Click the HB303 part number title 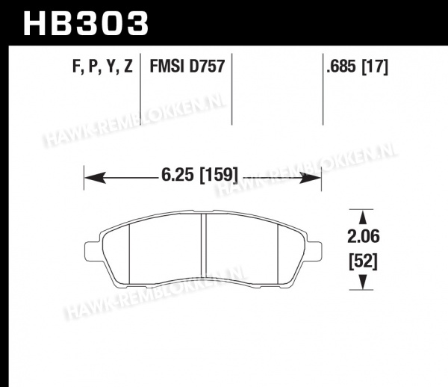coord(86,23)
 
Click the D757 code coord(207,66)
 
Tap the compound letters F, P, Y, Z coord(102,67)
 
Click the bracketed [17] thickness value coord(375,67)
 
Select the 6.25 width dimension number coord(178,175)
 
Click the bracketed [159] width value coord(219,176)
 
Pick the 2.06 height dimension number coord(364,237)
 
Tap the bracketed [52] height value coord(364,261)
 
